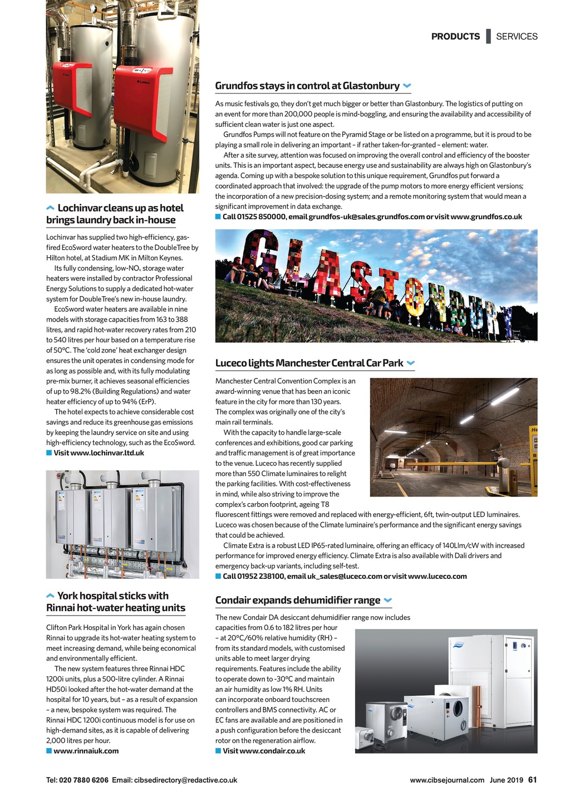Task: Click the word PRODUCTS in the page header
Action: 455,37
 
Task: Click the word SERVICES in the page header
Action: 517,37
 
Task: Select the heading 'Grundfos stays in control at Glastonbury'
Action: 307,86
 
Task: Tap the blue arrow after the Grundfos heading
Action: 407,86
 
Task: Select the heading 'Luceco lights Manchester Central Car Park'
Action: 309,363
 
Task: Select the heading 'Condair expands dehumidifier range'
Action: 298,600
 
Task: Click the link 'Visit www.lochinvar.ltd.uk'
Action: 99,453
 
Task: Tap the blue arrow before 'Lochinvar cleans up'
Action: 50,208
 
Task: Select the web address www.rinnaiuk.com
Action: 86,751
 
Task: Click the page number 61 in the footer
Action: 532,780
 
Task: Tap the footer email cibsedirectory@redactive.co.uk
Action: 185,780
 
